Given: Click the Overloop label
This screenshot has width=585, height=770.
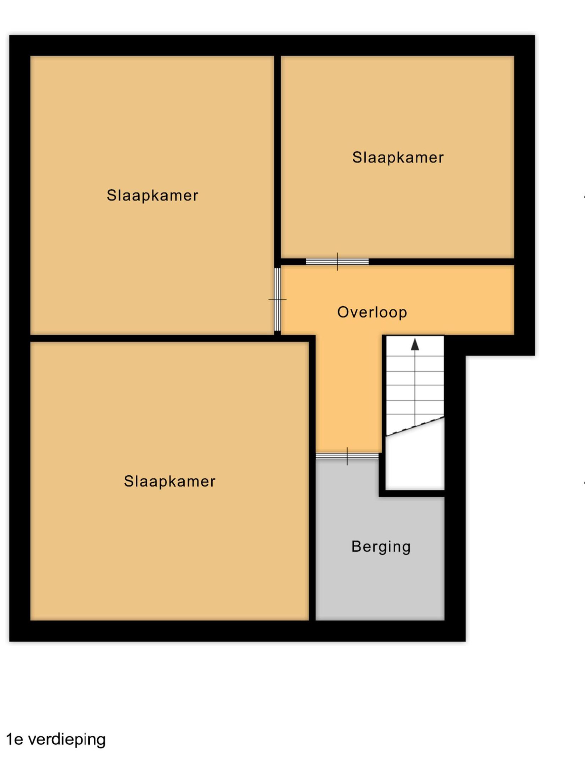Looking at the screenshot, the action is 372,312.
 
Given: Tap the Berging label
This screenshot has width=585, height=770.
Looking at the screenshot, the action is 381,547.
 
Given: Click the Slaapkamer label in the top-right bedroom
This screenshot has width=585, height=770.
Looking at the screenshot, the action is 398,157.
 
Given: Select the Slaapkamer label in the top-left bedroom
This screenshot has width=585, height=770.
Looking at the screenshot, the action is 152,195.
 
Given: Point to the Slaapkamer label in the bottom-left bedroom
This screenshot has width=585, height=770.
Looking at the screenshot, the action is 170,481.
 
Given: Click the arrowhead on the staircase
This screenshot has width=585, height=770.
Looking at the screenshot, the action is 415,344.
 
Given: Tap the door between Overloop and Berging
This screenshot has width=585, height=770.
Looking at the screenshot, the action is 347,456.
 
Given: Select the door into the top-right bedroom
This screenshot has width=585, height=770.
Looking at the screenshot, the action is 337,262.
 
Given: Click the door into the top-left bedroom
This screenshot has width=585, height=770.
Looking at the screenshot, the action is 277,299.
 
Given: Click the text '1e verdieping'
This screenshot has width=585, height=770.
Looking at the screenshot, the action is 56,739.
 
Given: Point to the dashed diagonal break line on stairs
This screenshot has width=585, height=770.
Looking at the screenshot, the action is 415,426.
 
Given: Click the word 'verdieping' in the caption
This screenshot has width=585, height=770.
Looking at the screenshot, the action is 67,739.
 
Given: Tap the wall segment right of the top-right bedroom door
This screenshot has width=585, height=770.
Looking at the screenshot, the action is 442,262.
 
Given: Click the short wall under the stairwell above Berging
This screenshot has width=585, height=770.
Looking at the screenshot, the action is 412,493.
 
